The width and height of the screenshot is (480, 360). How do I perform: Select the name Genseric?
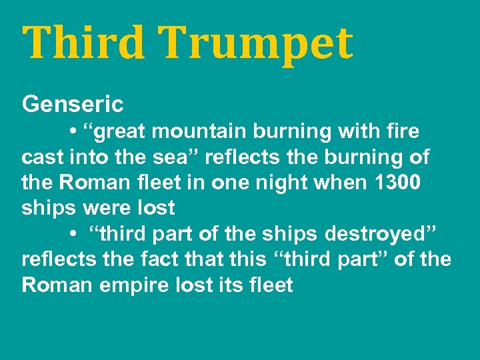[x=73, y=105]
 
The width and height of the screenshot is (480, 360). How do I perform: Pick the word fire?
[x=403, y=131]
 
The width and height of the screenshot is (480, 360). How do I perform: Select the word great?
[x=121, y=132]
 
